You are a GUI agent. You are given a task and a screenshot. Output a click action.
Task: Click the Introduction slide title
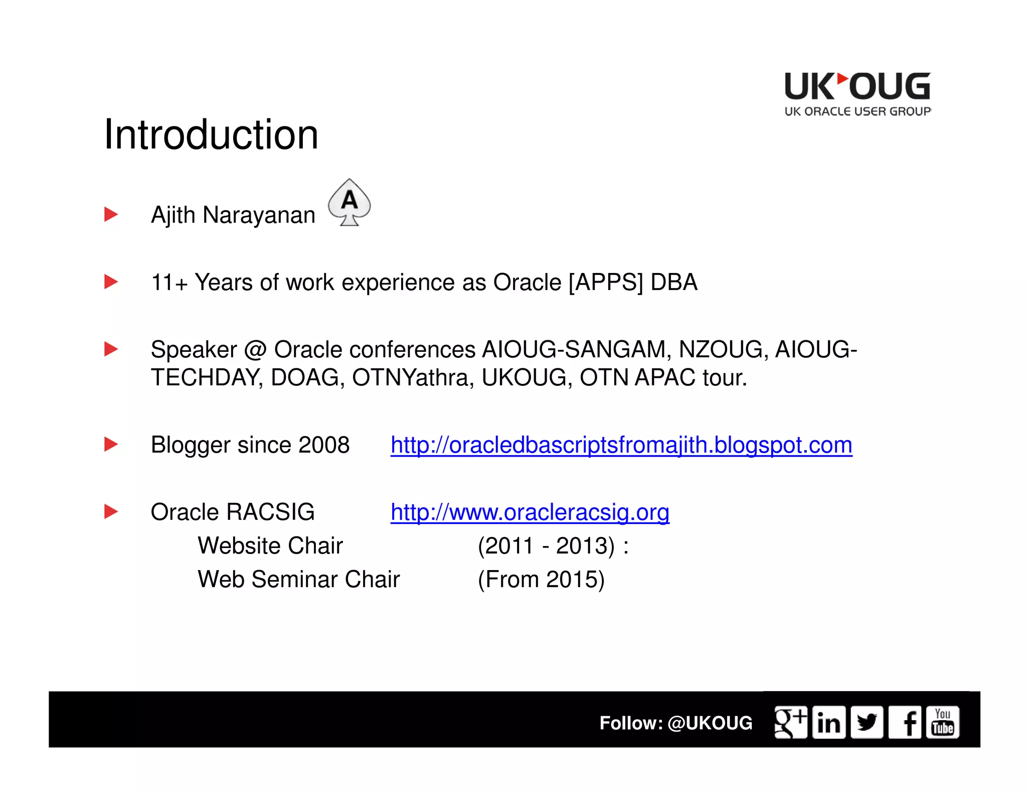tap(211, 135)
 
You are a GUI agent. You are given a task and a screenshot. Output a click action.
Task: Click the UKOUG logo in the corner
tap(857, 94)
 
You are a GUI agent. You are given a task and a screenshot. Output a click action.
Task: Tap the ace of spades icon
tap(350, 202)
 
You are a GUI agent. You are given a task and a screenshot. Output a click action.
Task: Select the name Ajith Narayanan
tap(233, 215)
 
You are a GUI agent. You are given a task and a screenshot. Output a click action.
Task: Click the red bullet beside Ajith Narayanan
tap(111, 214)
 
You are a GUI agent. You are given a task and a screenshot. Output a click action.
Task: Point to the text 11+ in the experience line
tap(169, 282)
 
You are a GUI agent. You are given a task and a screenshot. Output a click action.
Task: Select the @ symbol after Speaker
tap(255, 350)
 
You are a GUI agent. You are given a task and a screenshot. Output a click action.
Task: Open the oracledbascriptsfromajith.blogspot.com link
tap(621, 445)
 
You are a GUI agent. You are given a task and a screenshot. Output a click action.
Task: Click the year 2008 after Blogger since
tap(323, 445)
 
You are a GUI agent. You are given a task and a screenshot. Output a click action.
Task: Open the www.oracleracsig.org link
tap(530, 512)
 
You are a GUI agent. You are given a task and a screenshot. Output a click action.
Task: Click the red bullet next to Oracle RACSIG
tap(111, 511)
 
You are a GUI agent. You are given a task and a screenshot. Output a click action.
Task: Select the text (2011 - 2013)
tap(546, 546)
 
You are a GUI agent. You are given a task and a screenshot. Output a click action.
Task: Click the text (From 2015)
tap(541, 579)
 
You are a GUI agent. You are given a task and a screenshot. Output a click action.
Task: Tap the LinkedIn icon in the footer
tap(828, 722)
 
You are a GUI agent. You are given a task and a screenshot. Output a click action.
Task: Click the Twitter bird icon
tap(867, 722)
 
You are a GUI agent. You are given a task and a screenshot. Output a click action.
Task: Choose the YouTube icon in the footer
tap(943, 722)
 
